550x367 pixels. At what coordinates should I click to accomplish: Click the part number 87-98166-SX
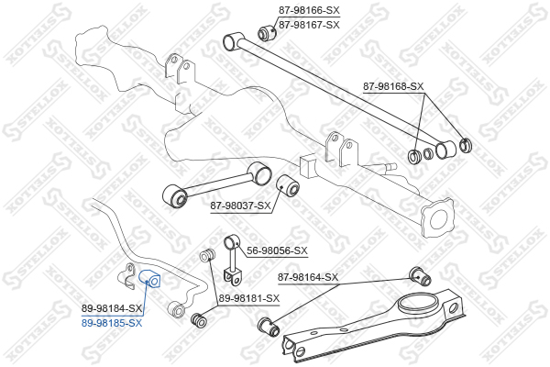[x=309, y=10]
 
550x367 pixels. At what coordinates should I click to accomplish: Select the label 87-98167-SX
[x=309, y=25]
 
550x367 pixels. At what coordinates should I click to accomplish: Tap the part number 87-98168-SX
[x=393, y=86]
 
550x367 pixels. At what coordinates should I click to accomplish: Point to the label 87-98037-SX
[x=240, y=206]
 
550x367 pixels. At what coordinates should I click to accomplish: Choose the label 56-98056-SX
[x=277, y=250]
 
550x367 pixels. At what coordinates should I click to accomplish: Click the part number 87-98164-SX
[x=308, y=277]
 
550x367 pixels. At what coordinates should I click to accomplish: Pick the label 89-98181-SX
[x=249, y=299]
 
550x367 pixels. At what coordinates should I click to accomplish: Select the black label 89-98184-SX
[x=112, y=308]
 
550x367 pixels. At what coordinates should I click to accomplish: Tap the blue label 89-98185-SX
[x=112, y=323]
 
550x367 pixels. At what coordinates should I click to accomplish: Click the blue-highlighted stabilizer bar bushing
[x=149, y=278]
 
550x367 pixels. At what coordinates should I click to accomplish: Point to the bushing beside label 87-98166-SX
[x=268, y=33]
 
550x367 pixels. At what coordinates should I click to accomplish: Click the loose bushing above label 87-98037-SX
[x=288, y=185]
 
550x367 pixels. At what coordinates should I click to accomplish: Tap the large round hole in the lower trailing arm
[x=417, y=304]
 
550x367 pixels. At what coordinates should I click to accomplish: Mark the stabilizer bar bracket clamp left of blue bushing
[x=126, y=276]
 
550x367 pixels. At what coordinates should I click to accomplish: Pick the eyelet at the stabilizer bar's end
[x=177, y=309]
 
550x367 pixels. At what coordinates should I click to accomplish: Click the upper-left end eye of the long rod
[x=232, y=41]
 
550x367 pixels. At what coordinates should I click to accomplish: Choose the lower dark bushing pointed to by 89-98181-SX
[x=199, y=320]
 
